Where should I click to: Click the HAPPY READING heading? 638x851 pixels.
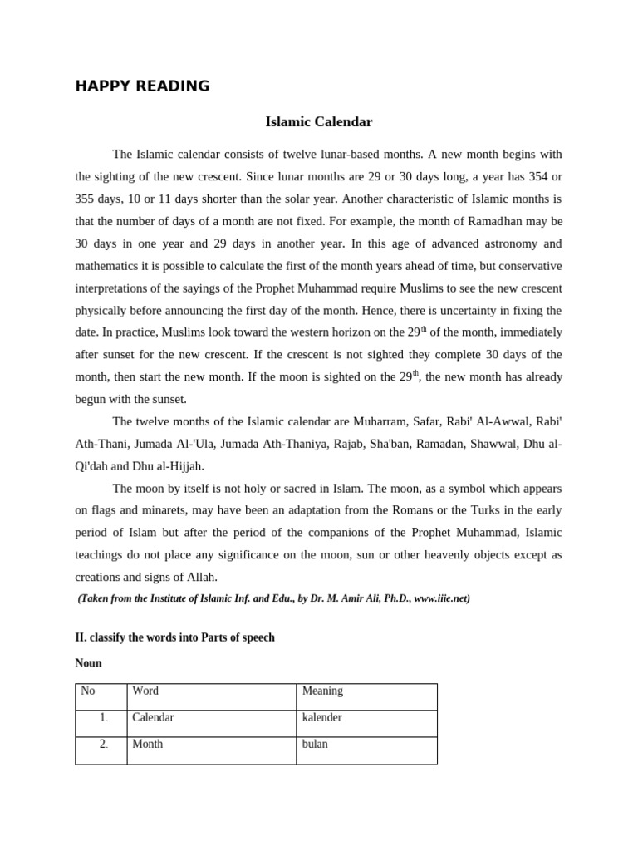click(x=142, y=86)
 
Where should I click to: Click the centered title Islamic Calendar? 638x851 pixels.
click(x=318, y=122)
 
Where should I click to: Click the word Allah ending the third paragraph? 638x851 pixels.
click(x=198, y=577)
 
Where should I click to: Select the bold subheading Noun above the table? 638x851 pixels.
click(x=88, y=663)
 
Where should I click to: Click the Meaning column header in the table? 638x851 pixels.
click(x=322, y=691)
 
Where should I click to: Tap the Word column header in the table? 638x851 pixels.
click(x=145, y=691)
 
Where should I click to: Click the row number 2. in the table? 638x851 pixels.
click(x=104, y=744)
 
